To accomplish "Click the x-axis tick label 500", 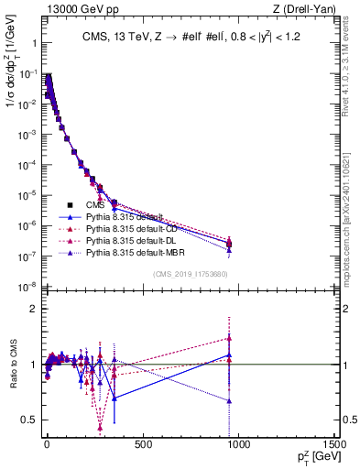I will click(142, 444).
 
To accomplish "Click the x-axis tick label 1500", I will click(334, 444).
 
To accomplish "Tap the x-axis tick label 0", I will click(46, 444).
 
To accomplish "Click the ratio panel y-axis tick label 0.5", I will click(28, 420).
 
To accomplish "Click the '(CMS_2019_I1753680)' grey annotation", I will click(191, 273).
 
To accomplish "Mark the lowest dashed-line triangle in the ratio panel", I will click(99, 427).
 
